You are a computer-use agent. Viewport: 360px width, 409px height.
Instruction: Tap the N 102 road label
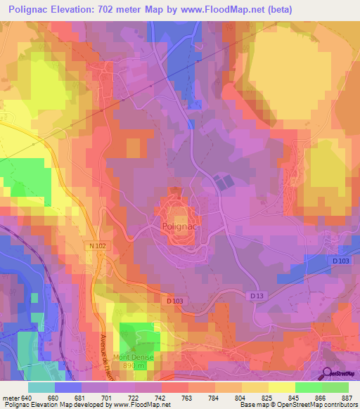click(x=98, y=245)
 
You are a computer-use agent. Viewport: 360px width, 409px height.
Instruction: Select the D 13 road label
click(x=256, y=297)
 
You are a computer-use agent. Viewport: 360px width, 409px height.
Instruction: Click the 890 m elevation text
click(x=134, y=366)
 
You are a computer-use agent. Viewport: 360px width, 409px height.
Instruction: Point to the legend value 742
click(x=160, y=397)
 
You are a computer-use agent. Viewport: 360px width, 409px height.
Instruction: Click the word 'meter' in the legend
click(x=10, y=397)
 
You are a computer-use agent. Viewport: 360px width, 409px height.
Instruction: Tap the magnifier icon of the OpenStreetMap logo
click(x=327, y=374)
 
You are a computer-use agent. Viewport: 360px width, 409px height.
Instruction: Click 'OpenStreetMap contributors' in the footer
click(x=316, y=405)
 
